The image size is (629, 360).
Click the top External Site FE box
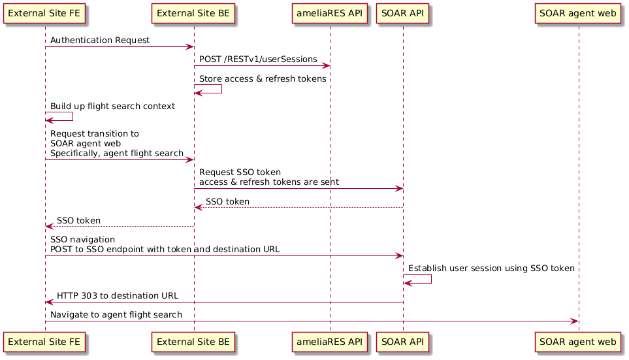pyautogui.click(x=45, y=13)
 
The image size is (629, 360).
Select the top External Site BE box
pyautogui.click(x=193, y=13)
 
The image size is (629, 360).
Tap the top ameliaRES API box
pyautogui.click(x=331, y=13)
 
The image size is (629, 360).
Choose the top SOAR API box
pyautogui.click(x=403, y=13)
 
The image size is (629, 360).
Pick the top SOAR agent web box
pyautogui.click(x=578, y=13)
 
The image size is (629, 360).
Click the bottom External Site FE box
pyautogui.click(x=45, y=341)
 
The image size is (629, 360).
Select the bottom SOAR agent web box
pyautogui.click(x=578, y=341)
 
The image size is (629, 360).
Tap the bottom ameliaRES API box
pyautogui.click(x=331, y=341)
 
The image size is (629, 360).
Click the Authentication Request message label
pyautogui.click(x=99, y=41)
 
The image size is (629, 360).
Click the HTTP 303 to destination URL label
pyautogui.click(x=118, y=296)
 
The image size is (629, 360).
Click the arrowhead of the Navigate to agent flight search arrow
pyautogui.click(x=574, y=321)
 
